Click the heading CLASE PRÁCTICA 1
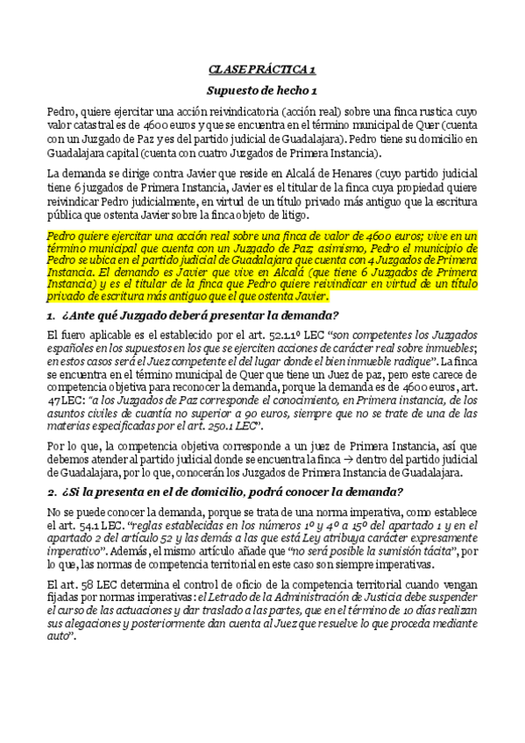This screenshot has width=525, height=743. click(x=262, y=68)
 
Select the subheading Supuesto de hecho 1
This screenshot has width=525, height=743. click(x=262, y=91)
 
